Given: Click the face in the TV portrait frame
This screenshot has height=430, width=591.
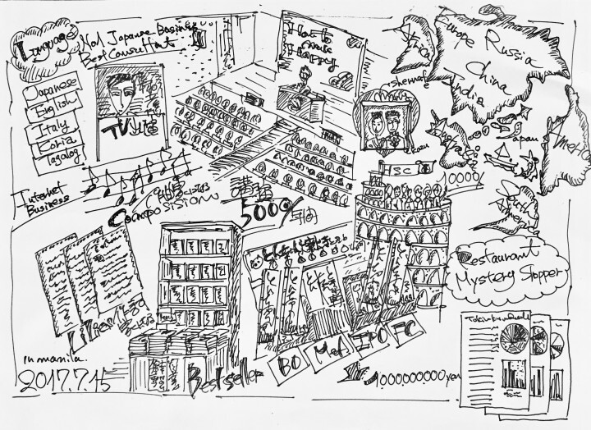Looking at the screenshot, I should pos(123,97).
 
